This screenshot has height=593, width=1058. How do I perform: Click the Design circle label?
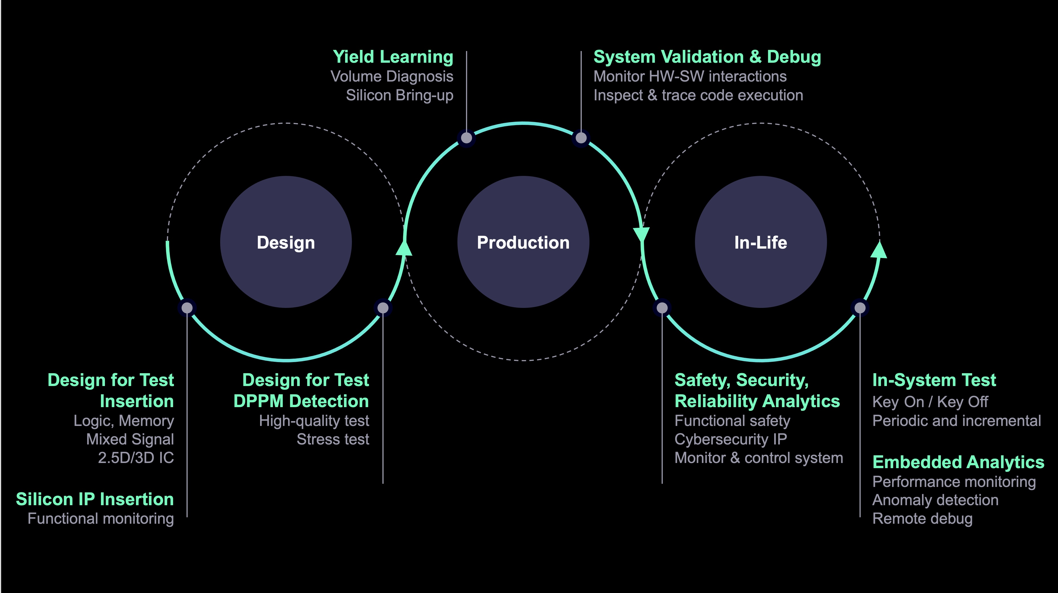(x=286, y=242)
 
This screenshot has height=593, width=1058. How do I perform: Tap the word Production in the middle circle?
(x=523, y=242)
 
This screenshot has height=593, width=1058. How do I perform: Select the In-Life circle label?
(x=761, y=242)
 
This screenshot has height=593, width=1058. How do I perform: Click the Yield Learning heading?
(x=393, y=57)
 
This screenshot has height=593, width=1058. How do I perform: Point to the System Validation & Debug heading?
(x=707, y=57)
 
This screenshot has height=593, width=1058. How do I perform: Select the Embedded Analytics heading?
(x=958, y=462)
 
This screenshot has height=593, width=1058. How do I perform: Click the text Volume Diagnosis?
(x=392, y=76)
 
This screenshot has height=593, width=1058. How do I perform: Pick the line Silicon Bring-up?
(x=400, y=95)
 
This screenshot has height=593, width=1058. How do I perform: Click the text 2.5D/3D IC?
(x=136, y=458)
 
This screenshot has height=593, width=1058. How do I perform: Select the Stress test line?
(x=333, y=439)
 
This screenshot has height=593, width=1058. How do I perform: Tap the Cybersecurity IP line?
(x=731, y=439)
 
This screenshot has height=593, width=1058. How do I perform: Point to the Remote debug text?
(x=923, y=518)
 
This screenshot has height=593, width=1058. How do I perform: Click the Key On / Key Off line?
(x=930, y=402)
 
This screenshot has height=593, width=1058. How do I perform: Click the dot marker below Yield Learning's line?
(x=467, y=138)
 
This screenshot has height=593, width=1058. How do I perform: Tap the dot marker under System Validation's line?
(x=581, y=138)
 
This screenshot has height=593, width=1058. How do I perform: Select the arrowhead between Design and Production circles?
(x=404, y=248)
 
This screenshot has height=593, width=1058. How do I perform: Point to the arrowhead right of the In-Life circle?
(x=879, y=250)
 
